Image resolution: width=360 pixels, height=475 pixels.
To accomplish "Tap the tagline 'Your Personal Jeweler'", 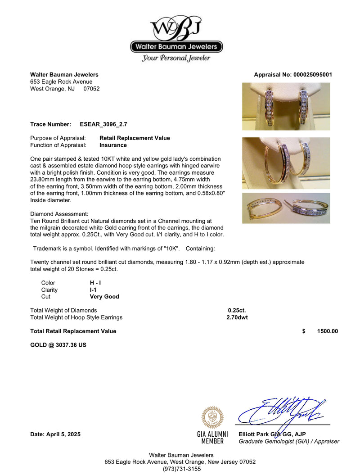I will pos(176,58).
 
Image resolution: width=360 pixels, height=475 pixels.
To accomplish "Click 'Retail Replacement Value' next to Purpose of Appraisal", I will pos(135,138).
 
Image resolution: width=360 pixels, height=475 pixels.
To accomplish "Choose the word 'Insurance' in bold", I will pos(113,145).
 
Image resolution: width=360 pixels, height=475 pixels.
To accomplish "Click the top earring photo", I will pos(286,106).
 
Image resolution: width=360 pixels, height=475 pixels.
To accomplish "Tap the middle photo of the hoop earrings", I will pos(286,163).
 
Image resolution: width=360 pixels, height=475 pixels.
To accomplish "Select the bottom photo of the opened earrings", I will pos(286,208).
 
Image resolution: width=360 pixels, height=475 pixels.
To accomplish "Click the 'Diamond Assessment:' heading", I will pos(59,214).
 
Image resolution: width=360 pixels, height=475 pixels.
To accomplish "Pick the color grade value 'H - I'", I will pos(95,283).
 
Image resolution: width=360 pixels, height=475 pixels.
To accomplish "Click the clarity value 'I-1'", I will pos(93,290).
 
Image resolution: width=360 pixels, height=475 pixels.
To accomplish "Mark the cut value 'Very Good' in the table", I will pos(104,297).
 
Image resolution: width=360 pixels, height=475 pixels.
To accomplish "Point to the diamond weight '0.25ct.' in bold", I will pos(237,310).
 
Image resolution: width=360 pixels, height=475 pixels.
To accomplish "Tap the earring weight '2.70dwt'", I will pos(237,317).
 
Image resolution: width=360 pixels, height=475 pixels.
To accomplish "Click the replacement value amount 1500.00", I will pos(327,331).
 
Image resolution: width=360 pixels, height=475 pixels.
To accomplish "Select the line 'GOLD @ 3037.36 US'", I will pos(58,345).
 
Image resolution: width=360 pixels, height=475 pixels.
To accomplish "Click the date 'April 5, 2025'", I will pos(63,434).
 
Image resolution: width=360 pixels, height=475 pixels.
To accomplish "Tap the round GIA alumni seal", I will pos(212,417).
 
